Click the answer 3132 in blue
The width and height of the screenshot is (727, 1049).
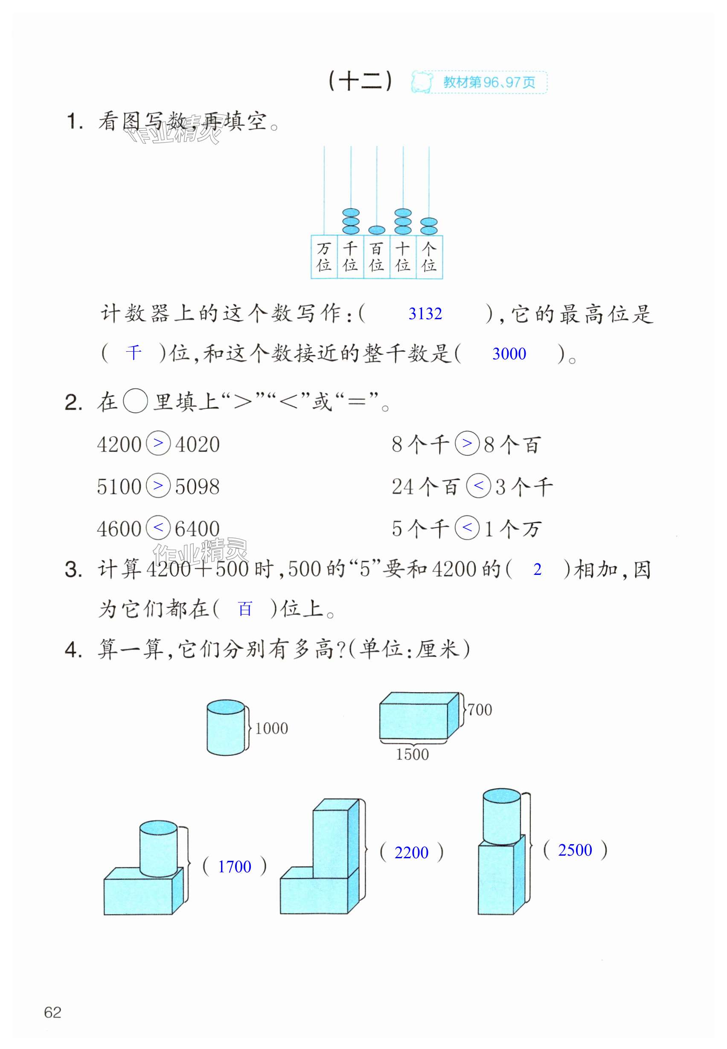(x=425, y=314)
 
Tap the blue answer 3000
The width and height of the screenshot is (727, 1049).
(x=509, y=354)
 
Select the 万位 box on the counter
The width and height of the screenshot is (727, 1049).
(x=324, y=256)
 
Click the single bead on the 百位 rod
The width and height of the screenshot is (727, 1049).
(x=377, y=230)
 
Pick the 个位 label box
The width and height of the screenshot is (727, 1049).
(x=429, y=256)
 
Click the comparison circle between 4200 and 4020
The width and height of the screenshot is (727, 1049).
(x=158, y=443)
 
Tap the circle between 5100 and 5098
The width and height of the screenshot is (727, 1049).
(x=158, y=485)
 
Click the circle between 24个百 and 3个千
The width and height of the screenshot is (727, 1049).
(x=478, y=486)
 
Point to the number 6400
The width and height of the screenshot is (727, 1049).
(x=197, y=529)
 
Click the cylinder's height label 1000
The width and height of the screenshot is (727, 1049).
(x=271, y=728)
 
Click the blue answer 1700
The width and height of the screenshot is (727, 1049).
(x=234, y=866)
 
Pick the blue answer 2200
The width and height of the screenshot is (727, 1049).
(x=411, y=852)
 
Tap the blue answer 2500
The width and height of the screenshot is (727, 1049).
(x=575, y=850)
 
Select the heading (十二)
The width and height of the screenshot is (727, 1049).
(x=360, y=82)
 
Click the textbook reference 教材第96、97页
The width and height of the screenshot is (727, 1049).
(x=489, y=82)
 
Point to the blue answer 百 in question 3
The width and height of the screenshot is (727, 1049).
(x=245, y=609)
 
